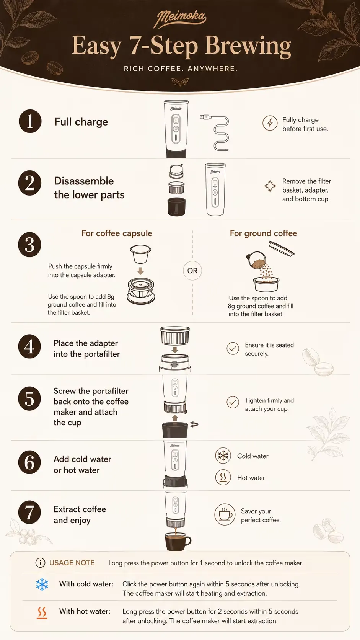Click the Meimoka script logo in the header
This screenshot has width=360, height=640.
coord(180,19)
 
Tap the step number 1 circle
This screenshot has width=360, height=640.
coord(30,121)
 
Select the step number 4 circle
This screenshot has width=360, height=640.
coord(29,346)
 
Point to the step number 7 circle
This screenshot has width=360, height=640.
coord(29,512)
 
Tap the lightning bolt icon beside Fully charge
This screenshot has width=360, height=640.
coord(270,123)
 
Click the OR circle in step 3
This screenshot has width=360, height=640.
coord(192,271)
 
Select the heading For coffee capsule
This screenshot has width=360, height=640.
coord(117,233)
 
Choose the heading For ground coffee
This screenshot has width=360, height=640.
coord(264,233)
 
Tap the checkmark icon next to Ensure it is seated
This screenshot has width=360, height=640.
coord(233,349)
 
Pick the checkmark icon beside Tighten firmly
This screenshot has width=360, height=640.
coord(233,402)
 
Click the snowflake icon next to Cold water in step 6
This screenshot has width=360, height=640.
coord(223,456)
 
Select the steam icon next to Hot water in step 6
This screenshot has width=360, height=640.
coord(223,477)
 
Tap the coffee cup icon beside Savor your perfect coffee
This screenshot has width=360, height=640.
coord(225,514)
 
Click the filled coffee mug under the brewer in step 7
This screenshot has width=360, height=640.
coord(178,541)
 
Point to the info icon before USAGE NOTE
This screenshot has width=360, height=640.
coord(40,563)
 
